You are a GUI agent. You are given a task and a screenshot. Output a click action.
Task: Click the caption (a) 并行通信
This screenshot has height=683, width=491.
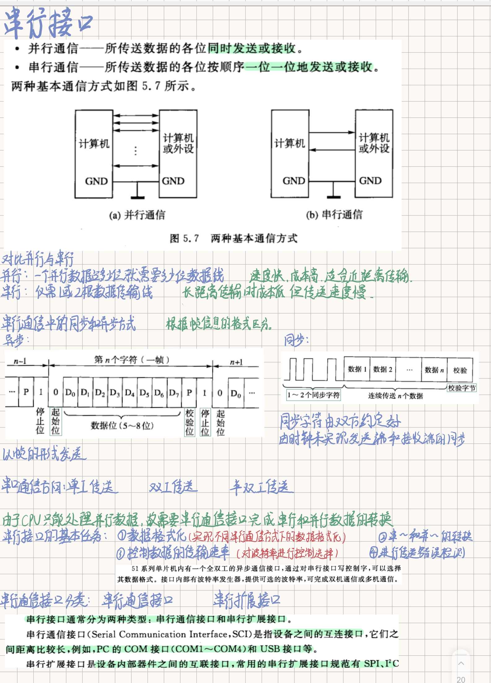coord(137,215)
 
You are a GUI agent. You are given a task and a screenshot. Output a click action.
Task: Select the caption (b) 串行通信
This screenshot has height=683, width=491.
coord(334,214)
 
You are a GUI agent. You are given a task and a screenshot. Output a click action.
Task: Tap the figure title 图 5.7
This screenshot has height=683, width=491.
coord(184,238)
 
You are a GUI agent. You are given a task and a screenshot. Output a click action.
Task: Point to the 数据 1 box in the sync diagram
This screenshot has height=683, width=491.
coord(357,369)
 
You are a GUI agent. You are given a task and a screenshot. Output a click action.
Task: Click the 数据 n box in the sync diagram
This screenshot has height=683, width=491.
coord(434,370)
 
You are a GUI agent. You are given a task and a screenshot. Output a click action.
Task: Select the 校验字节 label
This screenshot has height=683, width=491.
coord(462,388)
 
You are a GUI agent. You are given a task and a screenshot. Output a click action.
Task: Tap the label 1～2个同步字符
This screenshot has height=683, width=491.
coord(313,395)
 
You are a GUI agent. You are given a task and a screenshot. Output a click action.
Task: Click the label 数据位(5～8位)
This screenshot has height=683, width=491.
coord(122,425)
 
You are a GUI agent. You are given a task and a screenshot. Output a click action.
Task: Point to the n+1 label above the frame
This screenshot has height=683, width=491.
coord(236,362)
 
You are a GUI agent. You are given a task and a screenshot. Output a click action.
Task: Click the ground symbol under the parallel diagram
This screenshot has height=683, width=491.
coord(137,196)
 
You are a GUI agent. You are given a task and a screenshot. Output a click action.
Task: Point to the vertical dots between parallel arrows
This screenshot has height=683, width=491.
coord(135,151)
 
